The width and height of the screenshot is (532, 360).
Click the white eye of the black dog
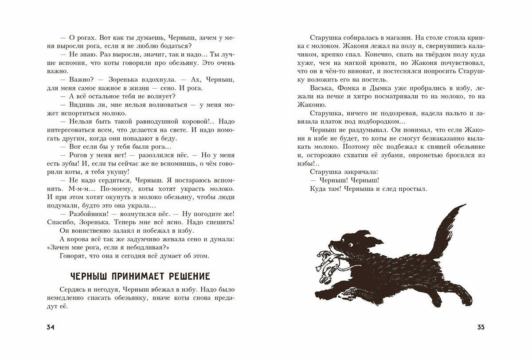click(351, 245)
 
